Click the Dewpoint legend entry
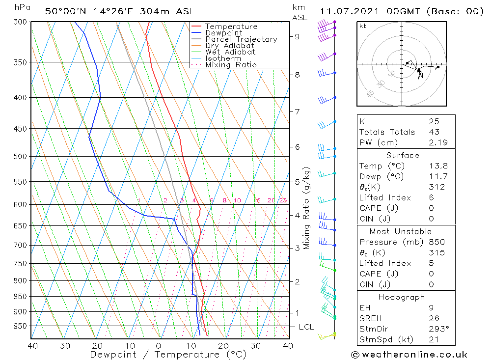pyautogui.click(x=223, y=33)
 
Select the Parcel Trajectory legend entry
pyautogui.click(x=241, y=39)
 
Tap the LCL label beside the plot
pyautogui.click(x=306, y=327)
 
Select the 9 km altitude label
pyautogui.click(x=297, y=36)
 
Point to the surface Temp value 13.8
pyautogui.click(x=438, y=166)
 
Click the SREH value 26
pyautogui.click(x=434, y=318)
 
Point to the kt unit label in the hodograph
pyautogui.click(x=362, y=26)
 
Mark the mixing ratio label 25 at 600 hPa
pyautogui.click(x=283, y=200)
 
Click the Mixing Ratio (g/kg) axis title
pyautogui.click(x=306, y=208)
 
